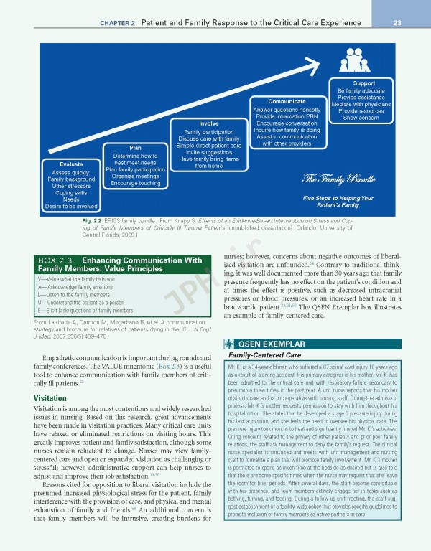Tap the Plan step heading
pos(134,148)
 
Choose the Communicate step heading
pos(287,102)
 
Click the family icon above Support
pos(358,60)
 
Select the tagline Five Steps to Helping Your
pos(338,198)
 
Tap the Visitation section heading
pos(50,399)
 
